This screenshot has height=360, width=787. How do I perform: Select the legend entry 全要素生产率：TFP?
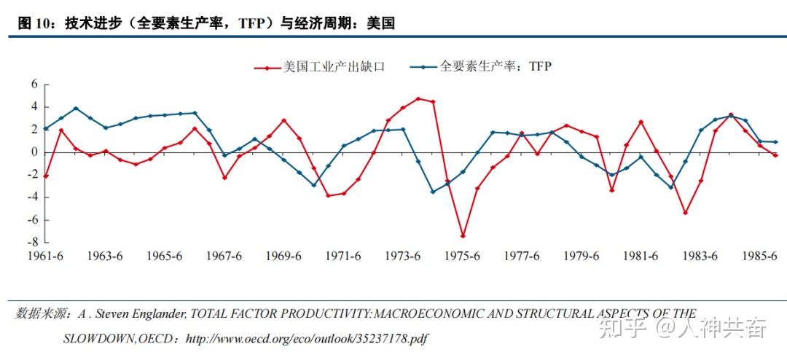coord(496,67)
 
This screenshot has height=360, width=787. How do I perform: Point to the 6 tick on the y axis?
coord(34,85)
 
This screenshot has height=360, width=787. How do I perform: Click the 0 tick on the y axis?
coord(34,152)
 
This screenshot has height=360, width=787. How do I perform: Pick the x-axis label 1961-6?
coord(45,257)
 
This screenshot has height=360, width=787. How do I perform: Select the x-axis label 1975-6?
coord(462,257)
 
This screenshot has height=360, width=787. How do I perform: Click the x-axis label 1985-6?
coord(760,257)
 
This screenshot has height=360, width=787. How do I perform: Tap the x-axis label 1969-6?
coord(283,257)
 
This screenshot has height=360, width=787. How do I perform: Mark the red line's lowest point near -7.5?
coord(463,236)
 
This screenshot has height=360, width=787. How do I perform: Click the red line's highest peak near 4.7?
coord(418,98)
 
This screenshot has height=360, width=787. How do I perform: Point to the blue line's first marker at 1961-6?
coord(46,128)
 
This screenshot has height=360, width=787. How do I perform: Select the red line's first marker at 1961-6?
coord(46,176)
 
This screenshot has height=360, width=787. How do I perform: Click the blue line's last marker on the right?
coord(775,141)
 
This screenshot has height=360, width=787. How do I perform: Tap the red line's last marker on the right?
coord(775,155)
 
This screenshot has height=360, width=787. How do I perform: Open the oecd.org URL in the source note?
coord(307,339)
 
